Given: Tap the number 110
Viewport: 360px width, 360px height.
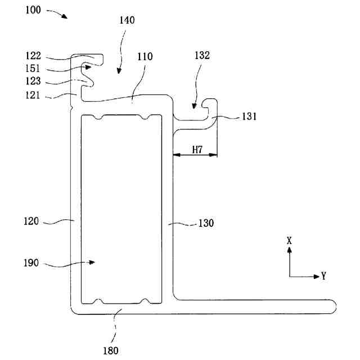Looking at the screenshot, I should point(145,57).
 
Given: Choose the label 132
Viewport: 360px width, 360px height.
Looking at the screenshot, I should point(202,56).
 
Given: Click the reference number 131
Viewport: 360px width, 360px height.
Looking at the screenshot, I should point(248,117).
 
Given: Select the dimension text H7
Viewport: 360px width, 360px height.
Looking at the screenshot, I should point(197,150).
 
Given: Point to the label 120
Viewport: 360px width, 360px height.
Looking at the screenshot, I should point(31,221).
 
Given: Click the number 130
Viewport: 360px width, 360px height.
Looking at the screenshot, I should point(206,223).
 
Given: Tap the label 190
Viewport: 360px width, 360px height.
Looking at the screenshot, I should point(31,263).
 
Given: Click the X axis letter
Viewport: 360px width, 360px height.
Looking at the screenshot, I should point(290,240).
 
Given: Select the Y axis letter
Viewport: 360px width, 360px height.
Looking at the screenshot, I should point(325,276).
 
